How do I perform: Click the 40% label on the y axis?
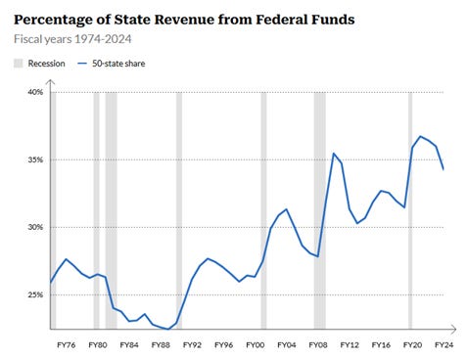tap(35, 92)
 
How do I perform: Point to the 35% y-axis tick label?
tap(35, 159)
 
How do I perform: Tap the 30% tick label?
tap(35, 227)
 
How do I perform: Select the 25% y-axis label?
tap(35, 294)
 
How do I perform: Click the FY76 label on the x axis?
tap(67, 345)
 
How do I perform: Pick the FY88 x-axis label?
tap(161, 345)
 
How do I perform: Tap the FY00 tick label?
tap(256, 345)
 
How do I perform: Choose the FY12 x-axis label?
tap(350, 345)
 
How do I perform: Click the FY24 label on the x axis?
tap(445, 345)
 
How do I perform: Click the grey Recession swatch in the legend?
tap(19, 64)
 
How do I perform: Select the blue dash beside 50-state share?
tap(82, 64)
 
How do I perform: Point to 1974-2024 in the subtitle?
tap(103, 39)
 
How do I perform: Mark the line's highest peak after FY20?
tap(420, 136)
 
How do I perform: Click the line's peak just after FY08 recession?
tap(334, 154)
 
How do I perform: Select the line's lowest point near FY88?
tap(168, 329)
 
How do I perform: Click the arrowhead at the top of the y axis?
tap(50, 81)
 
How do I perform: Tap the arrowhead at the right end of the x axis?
tap(453, 330)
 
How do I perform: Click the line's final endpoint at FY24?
tap(444, 169)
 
